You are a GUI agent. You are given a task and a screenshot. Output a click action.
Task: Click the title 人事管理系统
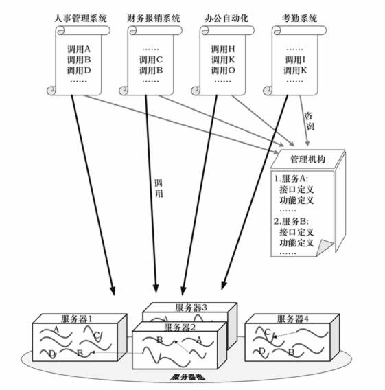pyautogui.click(x=80, y=18)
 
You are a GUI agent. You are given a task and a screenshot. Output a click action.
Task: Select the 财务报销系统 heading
pyautogui.click(x=154, y=18)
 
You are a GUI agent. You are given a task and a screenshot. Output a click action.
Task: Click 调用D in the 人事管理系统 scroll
pyautogui.click(x=79, y=70)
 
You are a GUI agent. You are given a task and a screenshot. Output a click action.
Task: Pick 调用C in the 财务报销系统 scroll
pyautogui.click(x=151, y=59)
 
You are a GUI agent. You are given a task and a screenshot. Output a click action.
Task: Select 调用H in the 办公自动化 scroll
pyautogui.click(x=223, y=49)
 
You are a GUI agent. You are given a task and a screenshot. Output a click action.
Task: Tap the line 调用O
pyautogui.click(x=223, y=70)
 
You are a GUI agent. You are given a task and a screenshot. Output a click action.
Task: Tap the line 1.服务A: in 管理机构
pyautogui.click(x=292, y=178)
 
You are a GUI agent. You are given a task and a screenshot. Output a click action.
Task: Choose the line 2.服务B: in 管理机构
pyautogui.click(x=292, y=221)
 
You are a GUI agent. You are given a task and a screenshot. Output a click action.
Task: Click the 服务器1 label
pyautogui.click(x=77, y=319)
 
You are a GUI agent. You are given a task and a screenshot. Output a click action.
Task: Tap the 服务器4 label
pyautogui.click(x=293, y=319)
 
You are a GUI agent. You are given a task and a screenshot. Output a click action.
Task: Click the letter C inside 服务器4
pyautogui.click(x=267, y=332)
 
